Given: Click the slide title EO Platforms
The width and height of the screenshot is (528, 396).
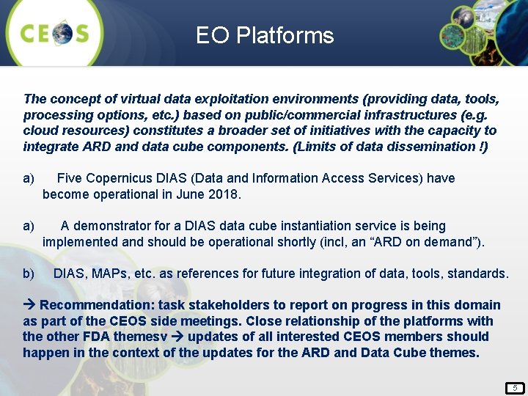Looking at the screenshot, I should point(265,35).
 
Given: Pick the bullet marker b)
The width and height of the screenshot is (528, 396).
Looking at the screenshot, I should point(29,274).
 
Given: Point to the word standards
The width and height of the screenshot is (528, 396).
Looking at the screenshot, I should point(479,274).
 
